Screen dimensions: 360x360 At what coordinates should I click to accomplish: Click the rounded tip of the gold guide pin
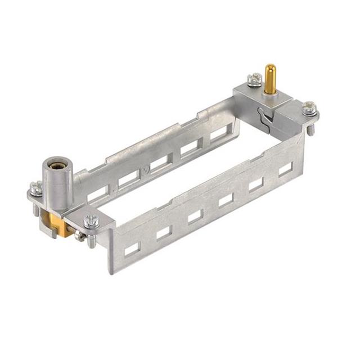coord(270,69)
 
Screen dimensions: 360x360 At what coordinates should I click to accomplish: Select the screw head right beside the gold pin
coord(255,79)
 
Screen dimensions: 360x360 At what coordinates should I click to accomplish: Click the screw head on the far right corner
coord(309,107)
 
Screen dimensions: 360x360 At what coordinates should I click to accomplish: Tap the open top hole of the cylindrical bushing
coord(57,164)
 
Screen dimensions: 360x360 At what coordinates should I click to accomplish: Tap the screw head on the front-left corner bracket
coord(91,222)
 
